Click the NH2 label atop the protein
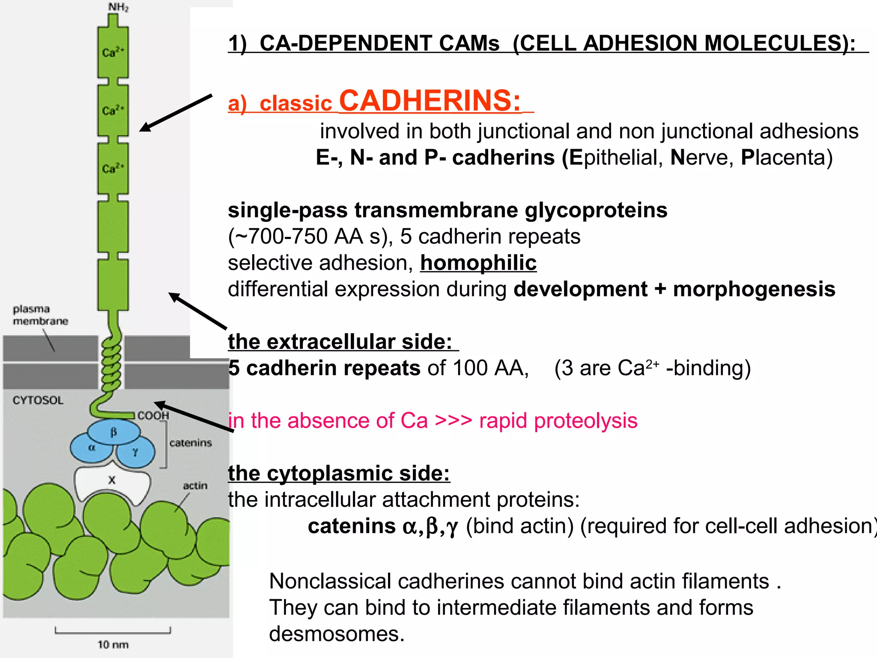pyautogui.click(x=118, y=7)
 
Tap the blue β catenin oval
pyautogui.click(x=113, y=432)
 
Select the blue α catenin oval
pyautogui.click(x=91, y=449)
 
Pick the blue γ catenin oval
pyautogui.click(x=135, y=452)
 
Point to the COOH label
pyautogui.click(x=153, y=416)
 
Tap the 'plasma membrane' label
pyautogui.click(x=40, y=315)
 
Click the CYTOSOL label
pyautogui.click(x=38, y=400)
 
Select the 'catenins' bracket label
pyautogui.click(x=191, y=443)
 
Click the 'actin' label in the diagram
pyautogui.click(x=195, y=486)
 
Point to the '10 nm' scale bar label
pyautogui.click(x=113, y=645)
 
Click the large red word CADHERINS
pyautogui.click(x=430, y=101)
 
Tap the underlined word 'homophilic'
pyautogui.click(x=478, y=263)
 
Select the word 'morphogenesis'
pyautogui.click(x=754, y=289)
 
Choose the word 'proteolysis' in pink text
pyautogui.click(x=558, y=421)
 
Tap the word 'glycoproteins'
pyautogui.click(x=596, y=210)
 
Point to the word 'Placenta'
pyautogui.click(x=786, y=158)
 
